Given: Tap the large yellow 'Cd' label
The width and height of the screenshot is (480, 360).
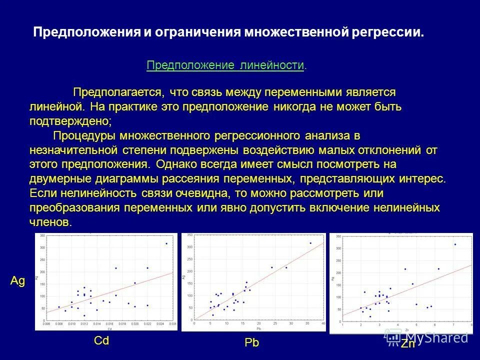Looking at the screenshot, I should (101, 341).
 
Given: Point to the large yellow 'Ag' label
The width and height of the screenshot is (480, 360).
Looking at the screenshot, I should (17, 281).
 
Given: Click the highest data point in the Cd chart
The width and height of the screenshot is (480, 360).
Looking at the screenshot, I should (166, 243).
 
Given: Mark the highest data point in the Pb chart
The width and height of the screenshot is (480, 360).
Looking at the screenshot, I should (310, 243).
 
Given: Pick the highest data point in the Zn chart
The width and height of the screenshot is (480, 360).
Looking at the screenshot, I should (455, 244).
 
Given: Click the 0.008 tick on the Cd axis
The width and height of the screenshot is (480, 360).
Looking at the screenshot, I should (59, 324).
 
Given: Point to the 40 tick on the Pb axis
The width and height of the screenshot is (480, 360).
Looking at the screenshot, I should (323, 324).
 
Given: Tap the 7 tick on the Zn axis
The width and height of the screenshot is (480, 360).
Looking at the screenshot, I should (453, 325).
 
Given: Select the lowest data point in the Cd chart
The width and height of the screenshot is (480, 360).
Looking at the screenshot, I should (84, 315).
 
